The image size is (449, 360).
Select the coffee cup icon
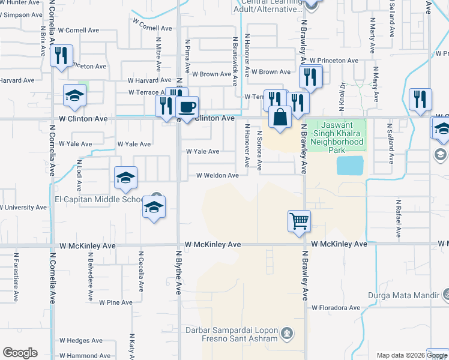[187, 107]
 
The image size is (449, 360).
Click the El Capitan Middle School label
[100, 199]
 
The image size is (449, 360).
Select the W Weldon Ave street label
[217, 175]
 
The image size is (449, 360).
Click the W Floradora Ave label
[335, 308]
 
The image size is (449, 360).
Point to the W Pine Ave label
[116, 302]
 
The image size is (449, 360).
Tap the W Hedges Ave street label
[79, 340]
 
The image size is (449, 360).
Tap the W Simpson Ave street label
[20, 14]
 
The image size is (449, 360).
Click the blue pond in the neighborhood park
[350, 165]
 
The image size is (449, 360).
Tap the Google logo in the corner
[20, 353]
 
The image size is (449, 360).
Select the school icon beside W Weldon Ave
[126, 177]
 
